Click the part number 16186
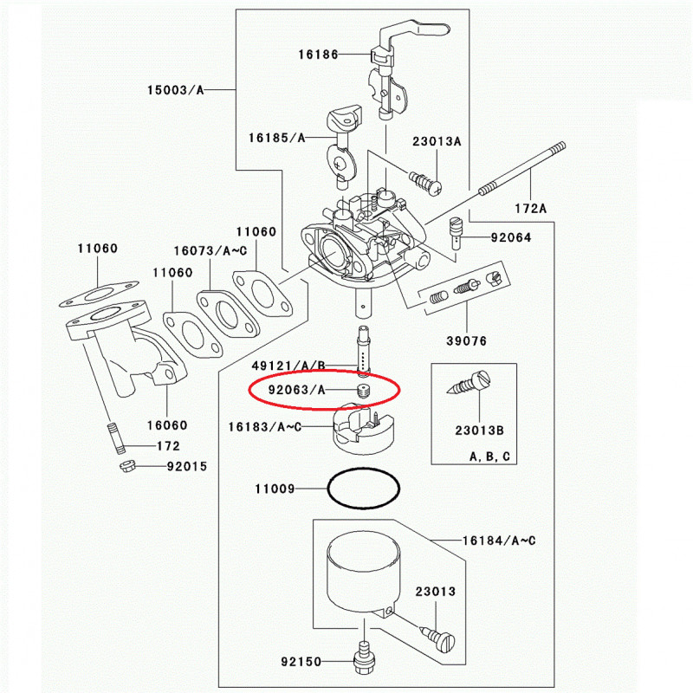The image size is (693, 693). tap(318, 54)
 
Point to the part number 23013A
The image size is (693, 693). tap(437, 141)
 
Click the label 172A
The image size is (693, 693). tap(531, 209)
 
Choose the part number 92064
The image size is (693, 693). tap(510, 237)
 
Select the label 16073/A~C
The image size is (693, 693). tap(210, 250)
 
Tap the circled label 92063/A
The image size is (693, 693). tap(297, 390)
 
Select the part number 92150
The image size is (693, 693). tap(301, 662)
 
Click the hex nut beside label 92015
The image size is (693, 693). tap(126, 467)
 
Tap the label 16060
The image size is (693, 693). tap(167, 424)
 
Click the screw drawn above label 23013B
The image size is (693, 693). tap(473, 383)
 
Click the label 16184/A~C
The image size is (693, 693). tap(499, 541)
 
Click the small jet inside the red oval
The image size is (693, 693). tap(363, 389)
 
